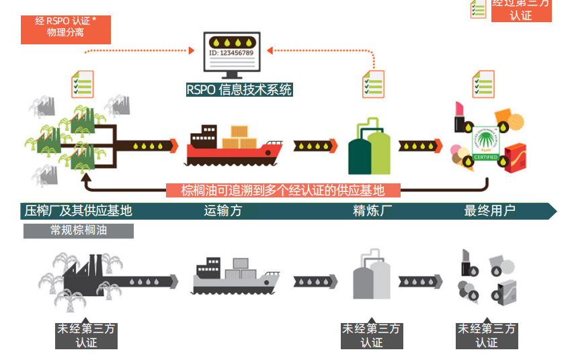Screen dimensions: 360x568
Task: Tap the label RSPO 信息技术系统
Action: pos(239,89)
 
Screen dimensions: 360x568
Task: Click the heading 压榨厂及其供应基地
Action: pos(78,211)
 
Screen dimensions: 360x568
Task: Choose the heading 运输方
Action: pos(223,211)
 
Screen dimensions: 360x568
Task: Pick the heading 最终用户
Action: pos(489,211)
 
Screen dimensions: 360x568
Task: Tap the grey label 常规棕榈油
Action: pos(79,230)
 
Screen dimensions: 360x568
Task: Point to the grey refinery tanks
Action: pos(371,277)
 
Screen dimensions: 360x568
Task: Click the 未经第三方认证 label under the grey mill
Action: pos(86,335)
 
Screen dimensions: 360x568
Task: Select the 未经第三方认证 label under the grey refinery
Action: pos(371,335)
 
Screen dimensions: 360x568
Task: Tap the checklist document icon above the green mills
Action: pos(83,84)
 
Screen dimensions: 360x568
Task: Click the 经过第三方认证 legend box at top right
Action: pos(521,10)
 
